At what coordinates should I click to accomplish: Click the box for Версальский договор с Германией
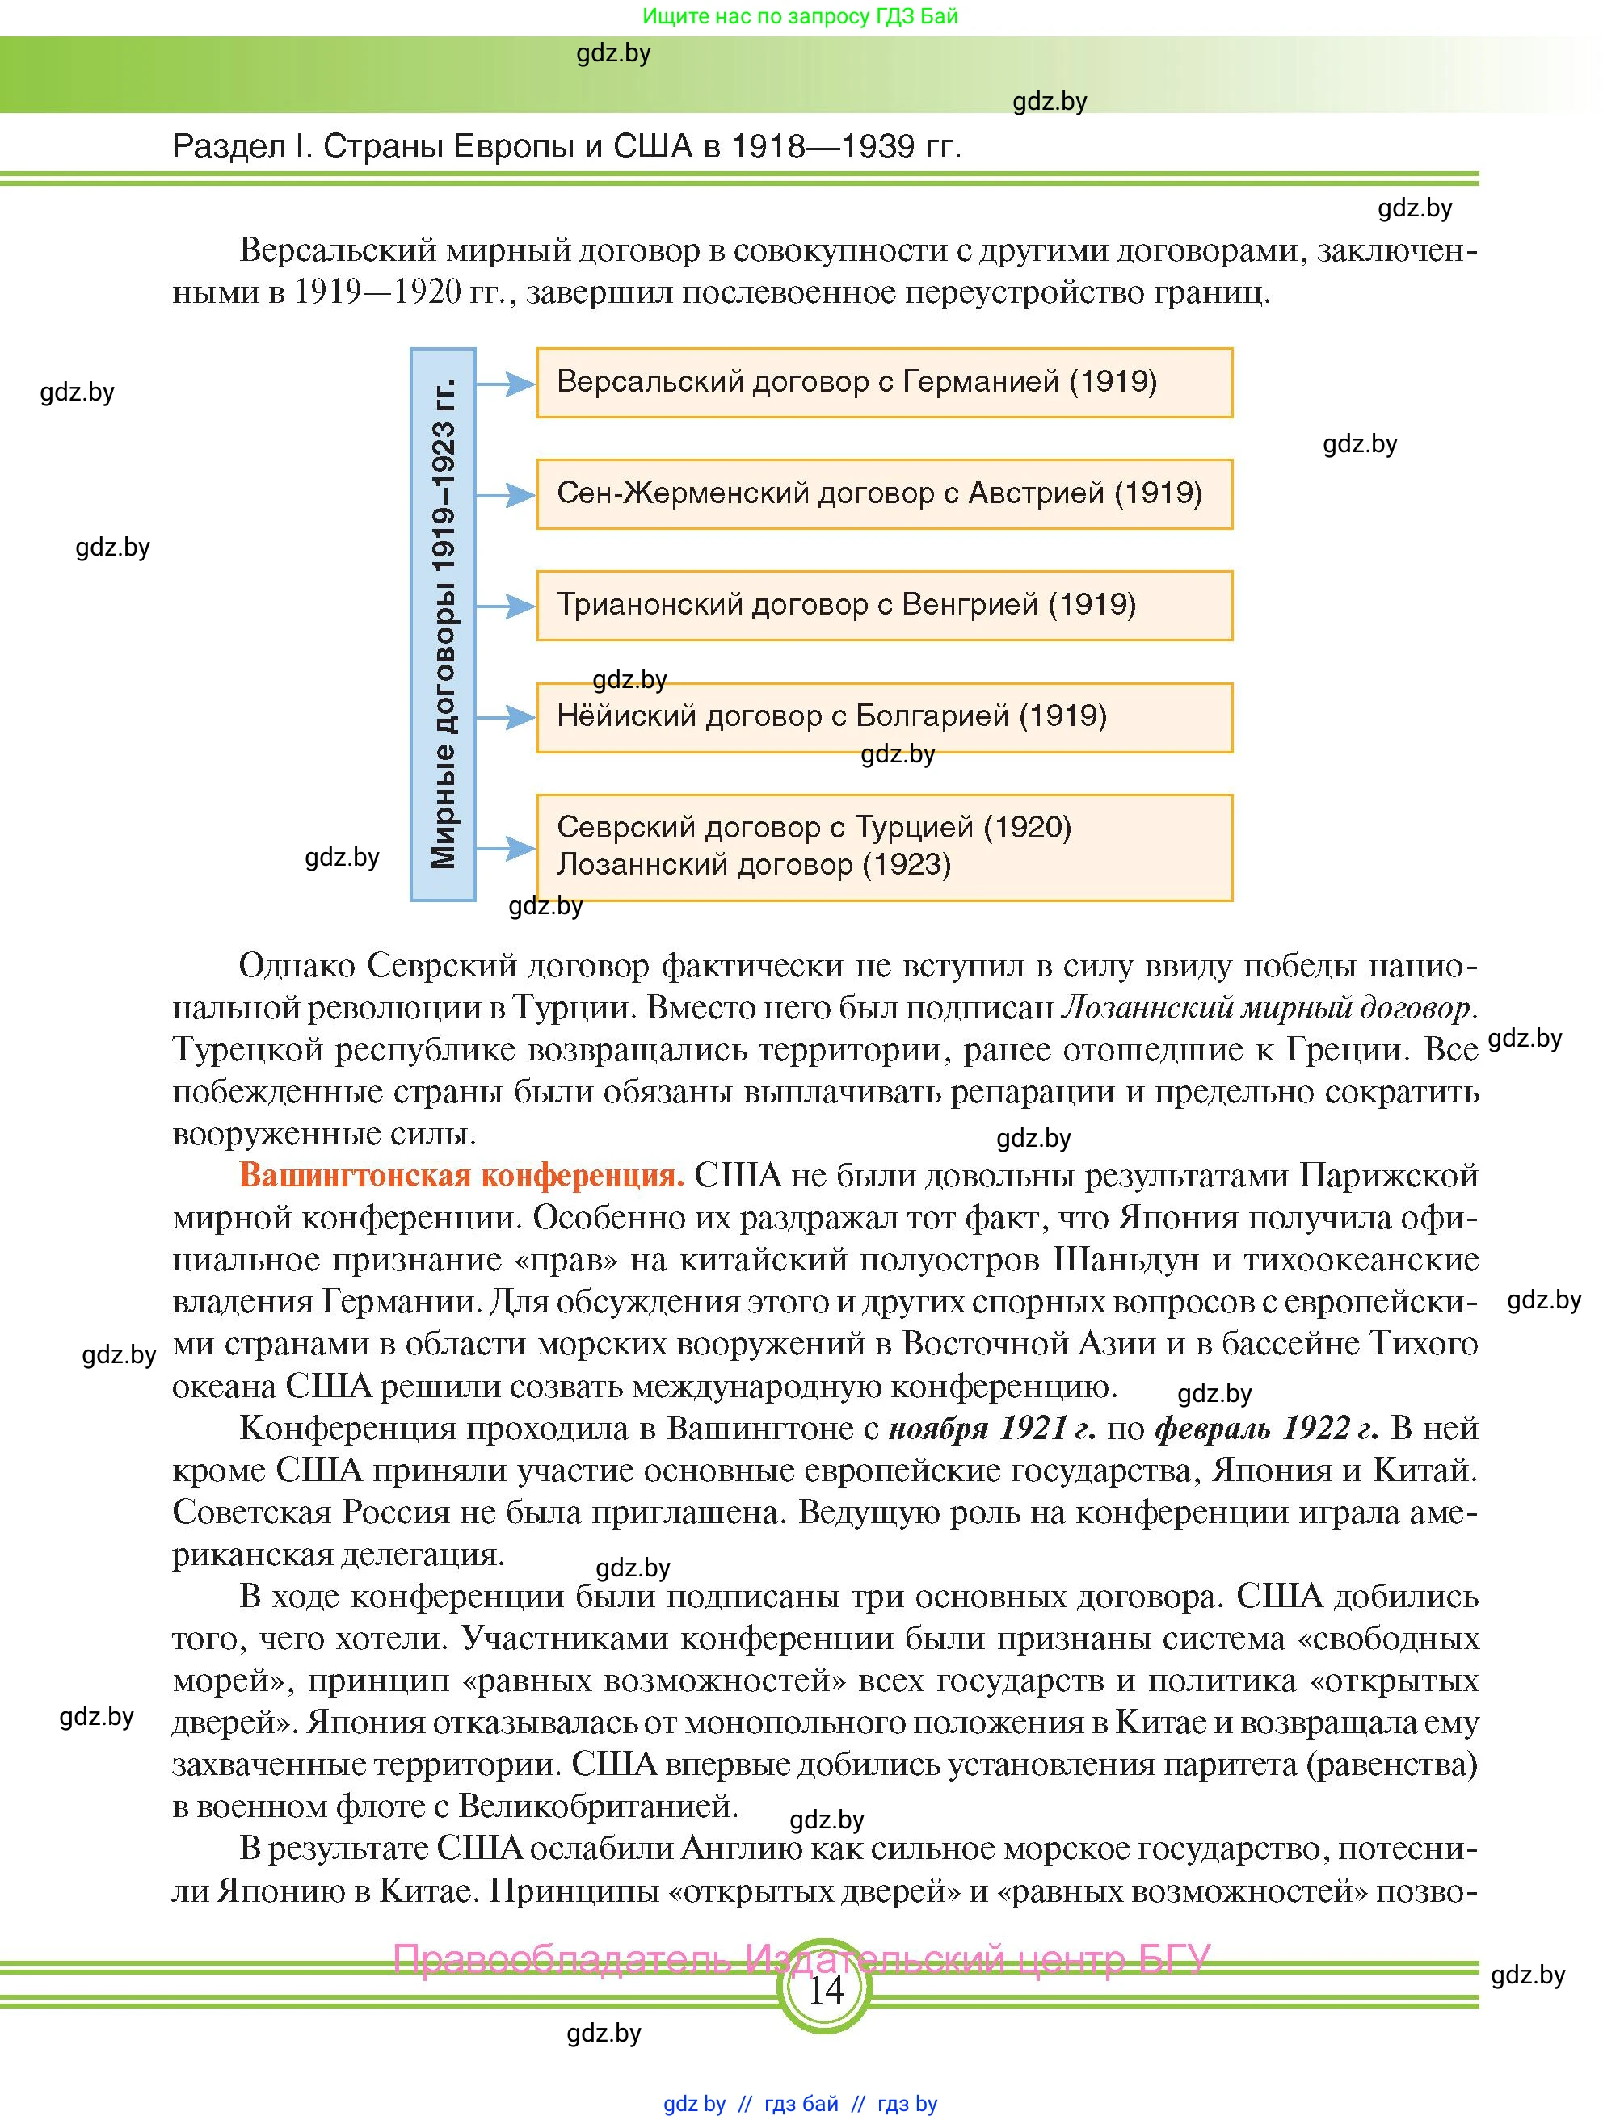tap(884, 382)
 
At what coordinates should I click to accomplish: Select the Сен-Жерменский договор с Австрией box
tap(884, 493)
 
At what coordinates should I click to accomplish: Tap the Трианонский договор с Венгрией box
tap(884, 605)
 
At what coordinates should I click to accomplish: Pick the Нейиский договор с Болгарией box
tap(884, 716)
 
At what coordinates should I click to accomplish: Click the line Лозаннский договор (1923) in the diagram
tap(754, 865)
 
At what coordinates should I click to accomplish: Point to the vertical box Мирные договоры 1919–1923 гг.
tap(443, 624)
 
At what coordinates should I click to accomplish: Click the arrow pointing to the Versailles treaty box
tap(505, 384)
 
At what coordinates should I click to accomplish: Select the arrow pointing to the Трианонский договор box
tap(505, 606)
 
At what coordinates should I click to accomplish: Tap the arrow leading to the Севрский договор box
tap(505, 848)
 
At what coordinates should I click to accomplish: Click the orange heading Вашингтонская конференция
tap(461, 1175)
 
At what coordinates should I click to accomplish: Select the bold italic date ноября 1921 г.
tap(992, 1428)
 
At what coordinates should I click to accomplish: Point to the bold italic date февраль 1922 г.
tap(1266, 1428)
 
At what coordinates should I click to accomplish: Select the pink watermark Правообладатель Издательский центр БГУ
tap(802, 1958)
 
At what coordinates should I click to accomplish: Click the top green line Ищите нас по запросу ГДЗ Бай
tap(800, 16)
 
